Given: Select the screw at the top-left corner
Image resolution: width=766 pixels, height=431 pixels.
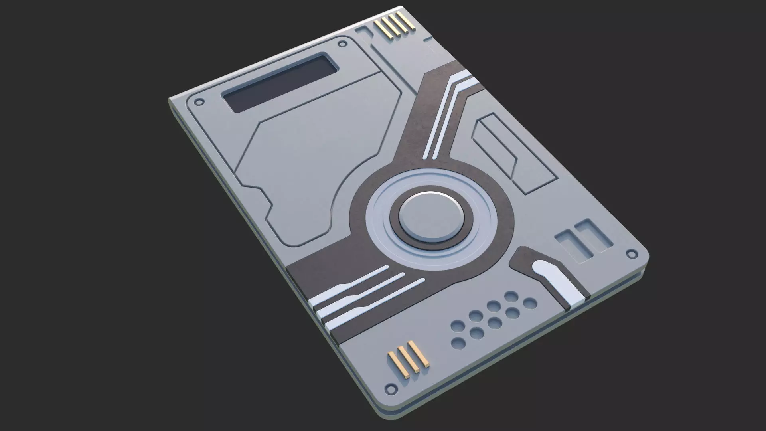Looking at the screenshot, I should point(201,101).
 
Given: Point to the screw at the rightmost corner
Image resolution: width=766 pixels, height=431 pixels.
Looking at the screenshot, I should point(631,254).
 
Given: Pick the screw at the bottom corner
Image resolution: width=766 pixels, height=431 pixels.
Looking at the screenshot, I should point(391,388).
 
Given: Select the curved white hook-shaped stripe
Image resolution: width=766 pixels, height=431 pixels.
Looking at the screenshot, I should point(559,279).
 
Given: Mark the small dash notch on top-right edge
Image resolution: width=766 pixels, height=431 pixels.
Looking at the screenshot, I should point(428,39).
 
